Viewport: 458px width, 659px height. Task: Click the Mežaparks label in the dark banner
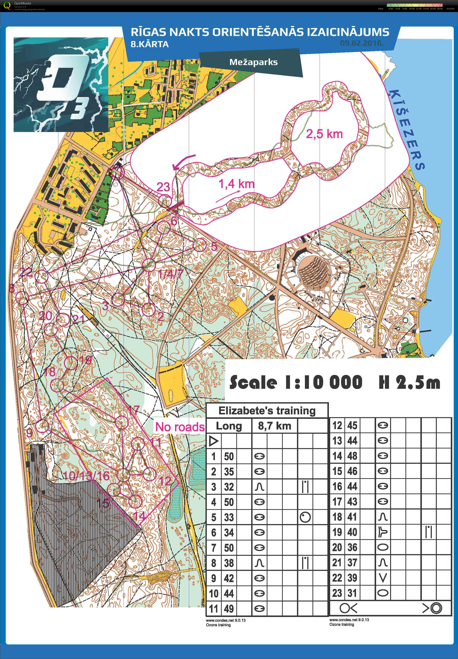(253, 62)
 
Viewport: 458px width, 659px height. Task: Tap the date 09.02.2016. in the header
(362, 44)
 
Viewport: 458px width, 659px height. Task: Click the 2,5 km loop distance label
(324, 134)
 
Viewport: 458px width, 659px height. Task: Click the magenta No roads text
(180, 427)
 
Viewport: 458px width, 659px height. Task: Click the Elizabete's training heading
(267, 411)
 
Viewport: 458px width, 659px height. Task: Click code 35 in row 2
(229, 472)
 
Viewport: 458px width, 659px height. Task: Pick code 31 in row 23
(352, 593)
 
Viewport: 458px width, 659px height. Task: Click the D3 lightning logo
(61, 85)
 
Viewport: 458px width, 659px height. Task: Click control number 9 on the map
(29, 433)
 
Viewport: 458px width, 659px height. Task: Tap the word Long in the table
(229, 426)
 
